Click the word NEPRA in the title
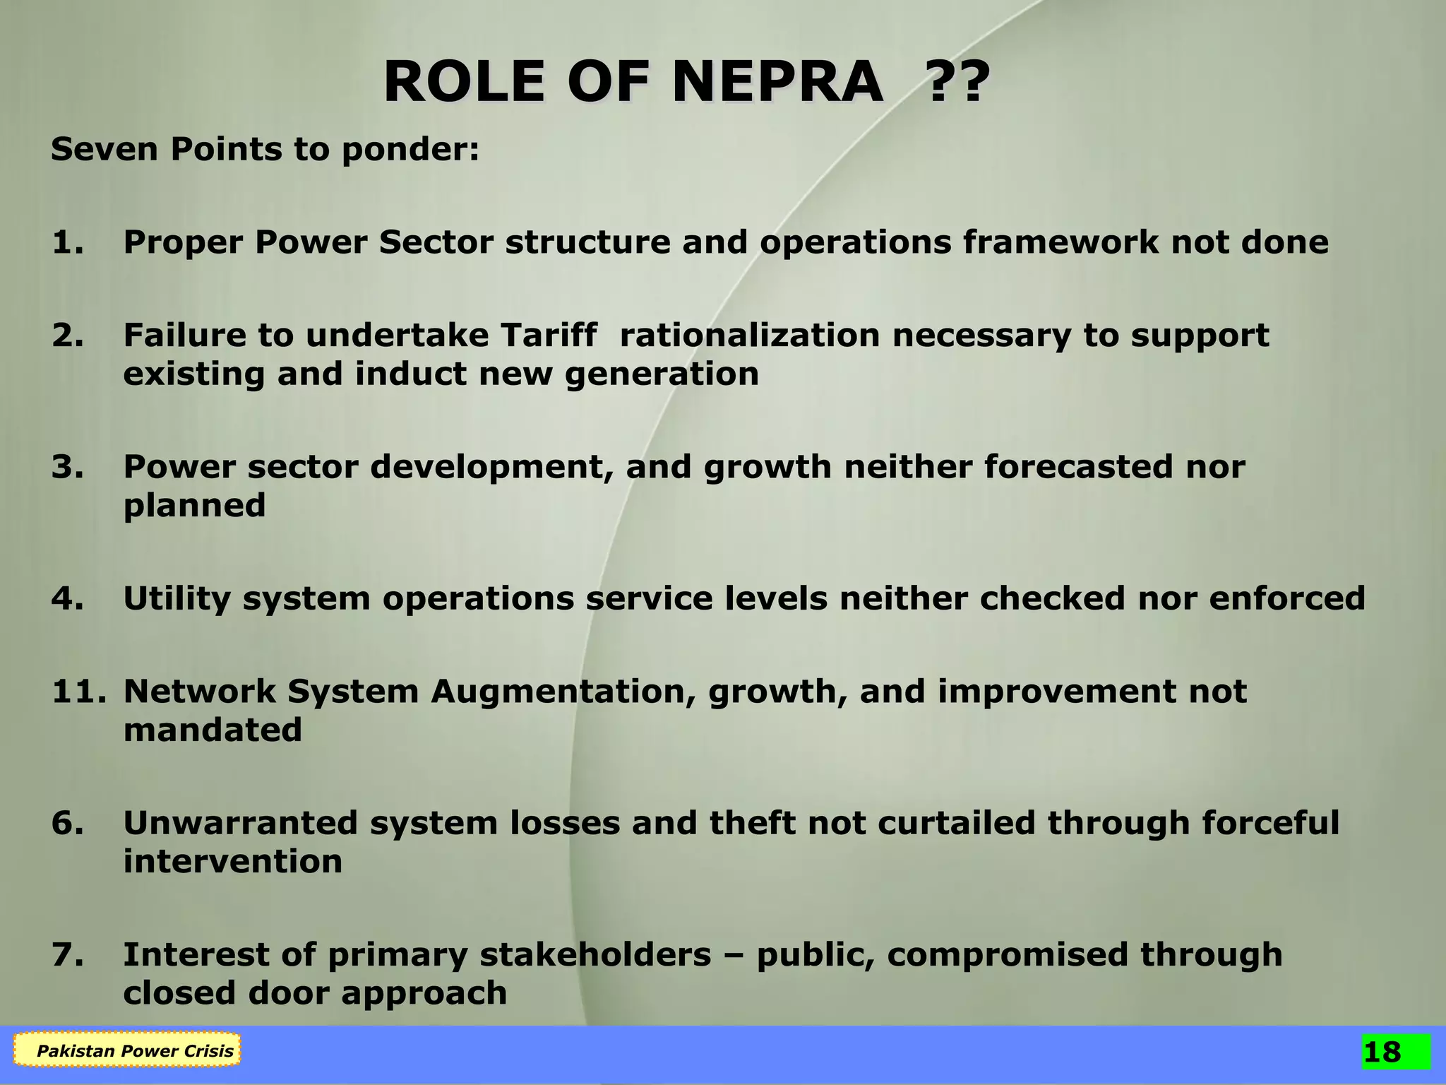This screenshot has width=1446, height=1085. pos(777,83)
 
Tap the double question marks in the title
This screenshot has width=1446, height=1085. pos(956,83)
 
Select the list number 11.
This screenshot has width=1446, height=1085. pos(78,691)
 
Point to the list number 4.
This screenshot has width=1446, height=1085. pos(68,598)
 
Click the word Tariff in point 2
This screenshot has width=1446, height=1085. pos(550,335)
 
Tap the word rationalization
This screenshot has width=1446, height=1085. pos(749,335)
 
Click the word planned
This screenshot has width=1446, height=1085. pos(194,506)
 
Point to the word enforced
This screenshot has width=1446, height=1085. pos(1287,598)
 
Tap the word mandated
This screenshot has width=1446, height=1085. pos(213,730)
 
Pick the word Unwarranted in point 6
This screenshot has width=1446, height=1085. pos(241,823)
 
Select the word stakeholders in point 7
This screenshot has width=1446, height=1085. pos(595,954)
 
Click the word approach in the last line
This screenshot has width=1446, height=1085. pos(424,993)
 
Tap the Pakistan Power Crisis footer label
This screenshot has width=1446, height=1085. pos(134,1051)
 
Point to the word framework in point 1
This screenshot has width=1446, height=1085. pos(1060,242)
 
